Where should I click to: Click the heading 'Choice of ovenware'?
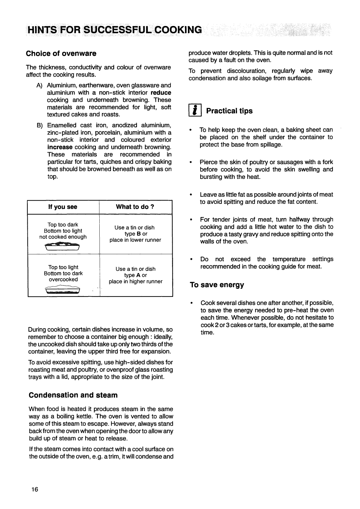coord(62,53)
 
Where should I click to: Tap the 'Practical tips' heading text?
coord(229,111)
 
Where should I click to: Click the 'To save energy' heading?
coord(217,285)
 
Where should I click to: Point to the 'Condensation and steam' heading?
coord(73,395)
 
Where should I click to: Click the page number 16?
coord(35,489)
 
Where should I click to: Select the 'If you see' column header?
coord(63,207)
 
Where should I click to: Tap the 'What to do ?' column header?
coord(135,207)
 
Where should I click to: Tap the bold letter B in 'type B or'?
coord(138,234)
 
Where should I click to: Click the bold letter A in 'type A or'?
coord(138,275)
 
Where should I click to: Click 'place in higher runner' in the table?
coord(136,281)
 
